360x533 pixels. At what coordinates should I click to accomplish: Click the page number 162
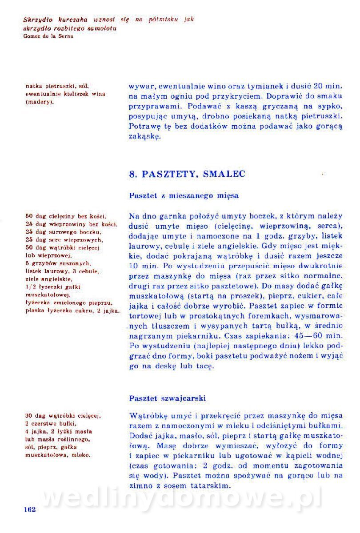(x=29, y=509)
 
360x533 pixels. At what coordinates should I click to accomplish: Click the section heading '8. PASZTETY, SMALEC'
(x=187, y=174)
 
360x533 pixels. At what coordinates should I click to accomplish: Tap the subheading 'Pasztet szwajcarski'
(x=168, y=398)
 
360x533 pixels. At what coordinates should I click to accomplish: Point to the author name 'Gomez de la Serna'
(x=48, y=36)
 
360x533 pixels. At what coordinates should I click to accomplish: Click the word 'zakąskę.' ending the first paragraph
(x=144, y=137)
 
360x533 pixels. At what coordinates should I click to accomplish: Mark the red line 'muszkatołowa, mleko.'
(x=58, y=455)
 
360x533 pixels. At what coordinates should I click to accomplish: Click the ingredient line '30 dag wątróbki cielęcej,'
(x=63, y=416)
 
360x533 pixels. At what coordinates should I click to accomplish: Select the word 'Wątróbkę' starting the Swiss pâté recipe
(x=148, y=416)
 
